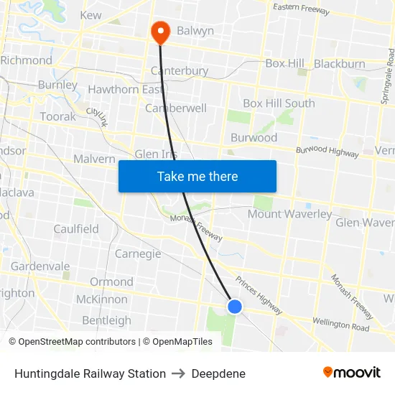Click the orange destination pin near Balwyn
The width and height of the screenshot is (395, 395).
click(x=159, y=30)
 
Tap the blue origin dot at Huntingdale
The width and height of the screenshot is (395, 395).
click(x=235, y=307)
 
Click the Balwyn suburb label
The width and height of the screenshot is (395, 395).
click(x=195, y=31)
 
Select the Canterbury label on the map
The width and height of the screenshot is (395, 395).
click(x=180, y=71)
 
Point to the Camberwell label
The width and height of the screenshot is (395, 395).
click(x=176, y=108)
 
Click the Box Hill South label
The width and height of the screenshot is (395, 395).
click(x=279, y=103)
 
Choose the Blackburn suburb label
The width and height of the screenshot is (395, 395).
click(x=340, y=64)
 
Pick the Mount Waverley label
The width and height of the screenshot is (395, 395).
click(x=290, y=214)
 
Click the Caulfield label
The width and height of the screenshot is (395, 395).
click(x=76, y=229)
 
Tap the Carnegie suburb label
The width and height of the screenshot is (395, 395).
click(x=138, y=254)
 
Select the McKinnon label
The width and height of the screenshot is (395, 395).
click(x=102, y=299)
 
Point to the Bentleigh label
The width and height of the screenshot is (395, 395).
click(x=106, y=320)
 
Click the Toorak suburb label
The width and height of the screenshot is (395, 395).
click(x=58, y=116)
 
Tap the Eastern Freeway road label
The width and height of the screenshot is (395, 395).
click(x=302, y=9)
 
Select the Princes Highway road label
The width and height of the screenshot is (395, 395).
click(x=259, y=295)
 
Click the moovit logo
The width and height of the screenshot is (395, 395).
click(x=352, y=373)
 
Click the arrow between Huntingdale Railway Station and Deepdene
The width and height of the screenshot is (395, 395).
click(x=179, y=373)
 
